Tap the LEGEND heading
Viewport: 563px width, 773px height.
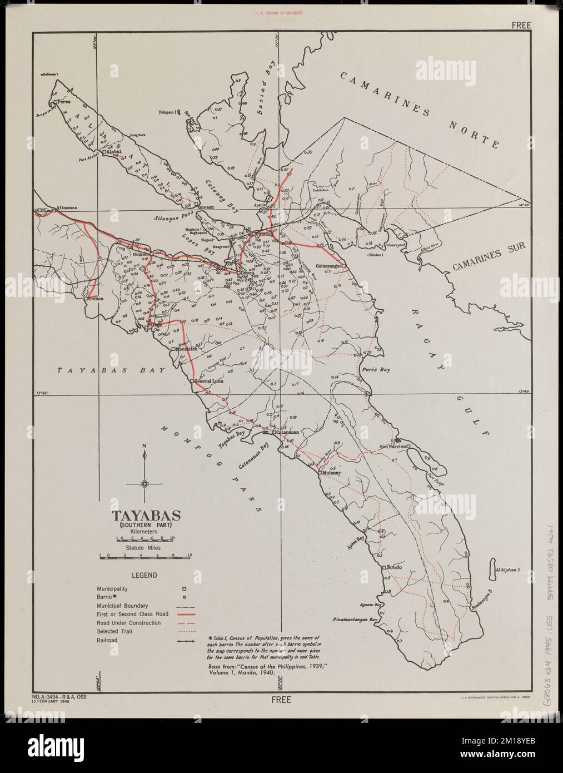[143, 576]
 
